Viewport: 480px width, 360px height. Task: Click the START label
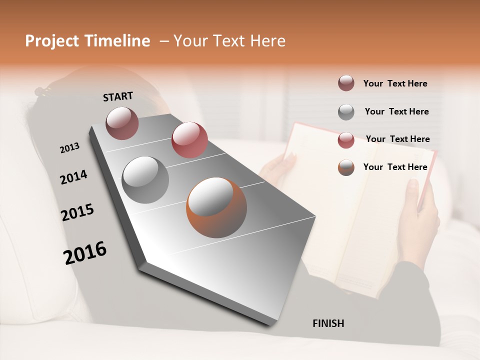(118, 96)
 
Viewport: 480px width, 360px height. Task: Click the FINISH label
(328, 323)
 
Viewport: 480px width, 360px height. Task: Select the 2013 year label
(69, 148)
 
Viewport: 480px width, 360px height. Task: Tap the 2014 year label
(73, 177)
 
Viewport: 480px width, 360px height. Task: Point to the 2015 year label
(77, 212)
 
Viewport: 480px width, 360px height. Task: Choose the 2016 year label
(85, 253)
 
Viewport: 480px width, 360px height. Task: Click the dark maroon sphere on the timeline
(122, 123)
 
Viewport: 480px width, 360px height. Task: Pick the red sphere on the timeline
(189, 139)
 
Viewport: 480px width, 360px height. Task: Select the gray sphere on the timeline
(145, 180)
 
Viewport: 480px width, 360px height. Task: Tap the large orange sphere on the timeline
(216, 207)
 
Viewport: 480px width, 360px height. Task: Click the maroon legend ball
(346, 83)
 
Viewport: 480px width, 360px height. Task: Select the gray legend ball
(346, 111)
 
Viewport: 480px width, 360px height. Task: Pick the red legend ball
(346, 139)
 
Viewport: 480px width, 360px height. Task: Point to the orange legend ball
(346, 167)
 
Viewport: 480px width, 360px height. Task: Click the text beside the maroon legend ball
(395, 84)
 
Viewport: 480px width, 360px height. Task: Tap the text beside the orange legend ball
(395, 167)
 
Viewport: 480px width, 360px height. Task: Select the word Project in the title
(51, 41)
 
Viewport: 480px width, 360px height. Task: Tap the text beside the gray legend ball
(396, 111)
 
